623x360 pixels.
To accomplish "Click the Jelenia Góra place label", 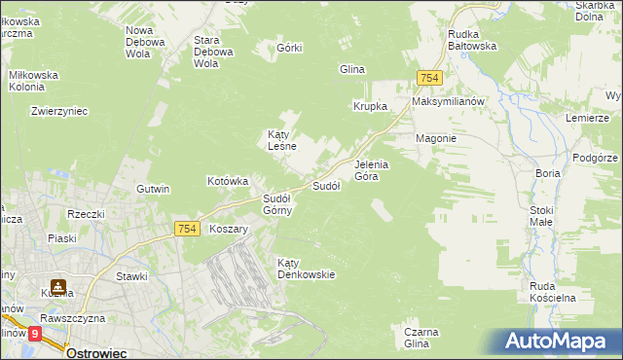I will point(372,170).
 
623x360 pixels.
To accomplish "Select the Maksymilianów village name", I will point(448,101).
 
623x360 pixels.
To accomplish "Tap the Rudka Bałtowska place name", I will point(472,39).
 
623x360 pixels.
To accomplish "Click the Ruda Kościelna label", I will point(554,291).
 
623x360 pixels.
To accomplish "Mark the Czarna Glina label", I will point(417,338).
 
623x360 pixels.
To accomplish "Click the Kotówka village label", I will point(229,181).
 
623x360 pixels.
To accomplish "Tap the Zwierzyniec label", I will point(59,111).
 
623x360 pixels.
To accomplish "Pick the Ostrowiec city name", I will point(98,352).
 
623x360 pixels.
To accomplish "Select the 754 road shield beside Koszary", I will point(188,229).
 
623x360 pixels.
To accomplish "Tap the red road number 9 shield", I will point(35,333).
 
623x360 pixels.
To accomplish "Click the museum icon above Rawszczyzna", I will point(58,287).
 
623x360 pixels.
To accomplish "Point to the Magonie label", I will point(436,138).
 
